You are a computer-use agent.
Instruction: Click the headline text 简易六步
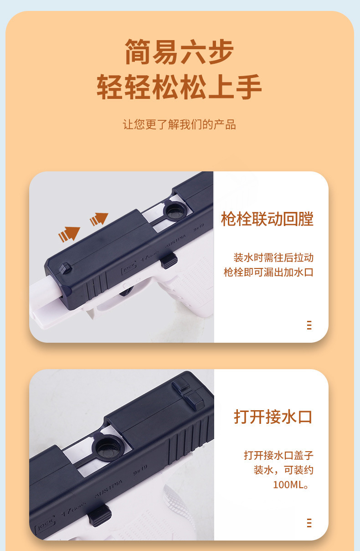pyautogui.click(x=179, y=51)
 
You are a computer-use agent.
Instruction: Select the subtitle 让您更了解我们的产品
pyautogui.click(x=179, y=124)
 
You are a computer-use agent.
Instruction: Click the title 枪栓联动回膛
pyautogui.click(x=267, y=219)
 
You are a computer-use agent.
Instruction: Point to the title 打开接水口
pyautogui.click(x=273, y=417)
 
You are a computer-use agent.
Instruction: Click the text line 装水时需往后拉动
pyautogui.click(x=273, y=257)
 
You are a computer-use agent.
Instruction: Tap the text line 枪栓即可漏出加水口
pyautogui.click(x=268, y=273)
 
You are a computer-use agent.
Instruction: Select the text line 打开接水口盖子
pyautogui.click(x=278, y=455)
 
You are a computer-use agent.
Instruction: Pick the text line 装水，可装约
pyautogui.click(x=283, y=470)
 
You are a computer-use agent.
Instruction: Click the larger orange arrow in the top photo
pyautogui.click(x=69, y=234)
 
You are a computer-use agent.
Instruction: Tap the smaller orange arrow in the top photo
pyautogui.click(x=99, y=219)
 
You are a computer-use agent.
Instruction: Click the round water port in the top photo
pyautogui.click(x=174, y=210)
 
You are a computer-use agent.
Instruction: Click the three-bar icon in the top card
pyautogui.click(x=309, y=325)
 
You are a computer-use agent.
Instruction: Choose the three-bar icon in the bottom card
pyautogui.click(x=309, y=523)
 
